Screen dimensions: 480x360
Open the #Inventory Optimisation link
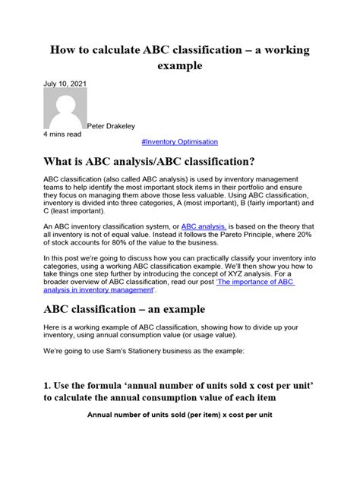tap(179, 142)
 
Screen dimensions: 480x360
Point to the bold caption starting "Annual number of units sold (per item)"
tap(179, 437)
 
